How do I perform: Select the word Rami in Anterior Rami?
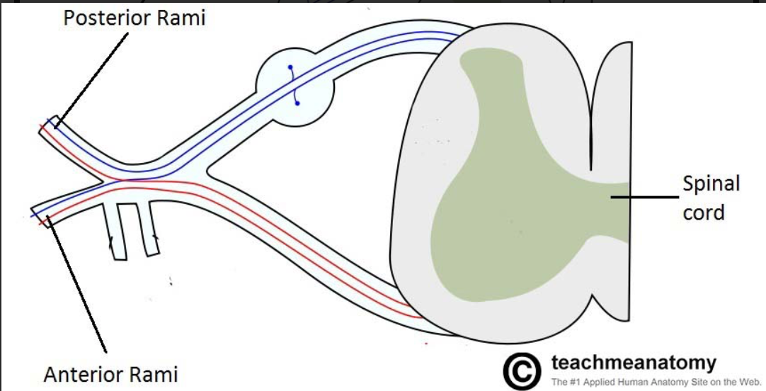(x=156, y=375)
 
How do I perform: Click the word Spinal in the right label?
(x=711, y=184)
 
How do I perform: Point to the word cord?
(x=704, y=212)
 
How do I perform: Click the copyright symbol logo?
(x=522, y=370)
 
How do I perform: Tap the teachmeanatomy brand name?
(x=633, y=363)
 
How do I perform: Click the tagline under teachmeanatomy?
(x=646, y=382)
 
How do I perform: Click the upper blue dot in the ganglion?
(x=290, y=68)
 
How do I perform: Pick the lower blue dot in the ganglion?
(x=297, y=103)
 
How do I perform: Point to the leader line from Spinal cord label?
(x=644, y=198)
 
